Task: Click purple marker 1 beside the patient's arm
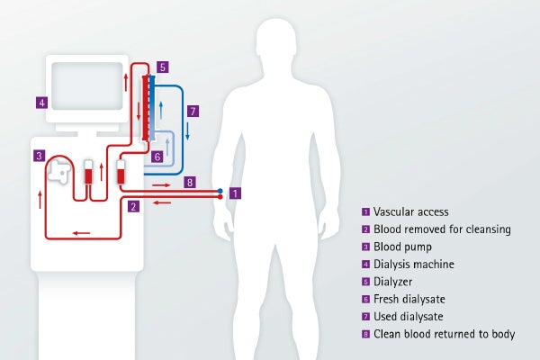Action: coord(236,193)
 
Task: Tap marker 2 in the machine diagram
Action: coord(133,206)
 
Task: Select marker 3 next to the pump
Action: coord(39,156)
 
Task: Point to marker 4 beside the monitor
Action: coord(41,102)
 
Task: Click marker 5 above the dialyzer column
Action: coord(161,67)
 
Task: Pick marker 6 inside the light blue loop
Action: coord(157,157)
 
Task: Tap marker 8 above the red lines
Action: coord(188,182)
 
